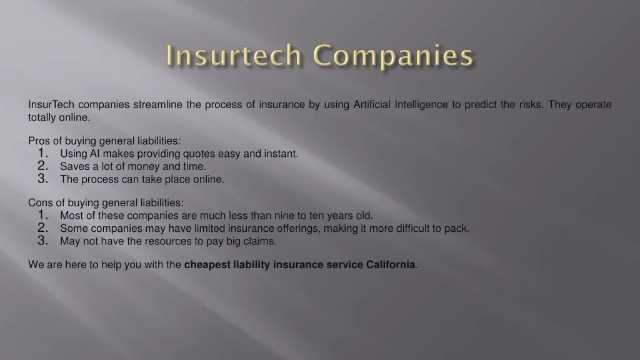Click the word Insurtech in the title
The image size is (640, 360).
[x=234, y=55]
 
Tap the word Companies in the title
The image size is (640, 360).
[x=393, y=56]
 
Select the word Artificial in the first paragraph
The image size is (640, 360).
[x=372, y=104]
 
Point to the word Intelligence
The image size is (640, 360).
[x=421, y=105]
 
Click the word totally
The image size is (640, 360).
[x=42, y=117]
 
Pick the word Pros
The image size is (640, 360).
[x=39, y=141]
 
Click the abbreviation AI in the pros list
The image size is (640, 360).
[x=95, y=154]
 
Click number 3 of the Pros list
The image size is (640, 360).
[x=43, y=179]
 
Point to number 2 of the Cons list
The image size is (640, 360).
[x=43, y=227]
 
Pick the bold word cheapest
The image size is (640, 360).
[x=207, y=265]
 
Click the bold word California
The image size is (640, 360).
[x=391, y=264]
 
